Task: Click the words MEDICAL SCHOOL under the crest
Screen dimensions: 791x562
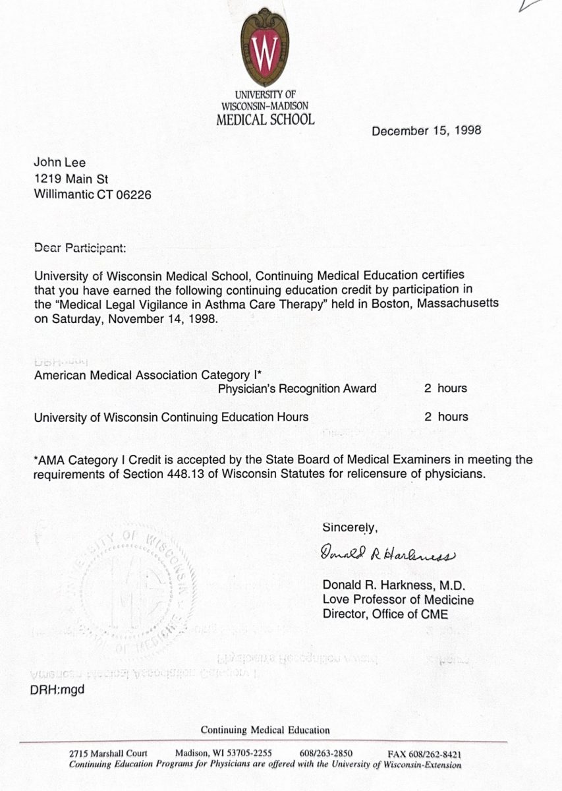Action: click(x=265, y=120)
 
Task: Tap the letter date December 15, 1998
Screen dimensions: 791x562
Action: click(x=426, y=131)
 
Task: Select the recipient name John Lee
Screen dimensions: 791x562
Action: click(x=60, y=163)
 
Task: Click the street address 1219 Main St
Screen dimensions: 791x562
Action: click(x=71, y=179)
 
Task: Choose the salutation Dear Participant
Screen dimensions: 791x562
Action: click(x=78, y=249)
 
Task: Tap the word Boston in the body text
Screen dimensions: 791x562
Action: click(x=380, y=303)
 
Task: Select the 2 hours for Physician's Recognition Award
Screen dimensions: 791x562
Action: click(x=445, y=388)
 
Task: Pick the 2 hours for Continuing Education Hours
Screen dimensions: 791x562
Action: click(x=445, y=417)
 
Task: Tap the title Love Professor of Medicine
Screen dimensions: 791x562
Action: click(x=397, y=600)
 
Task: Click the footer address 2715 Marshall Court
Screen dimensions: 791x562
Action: click(x=108, y=753)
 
